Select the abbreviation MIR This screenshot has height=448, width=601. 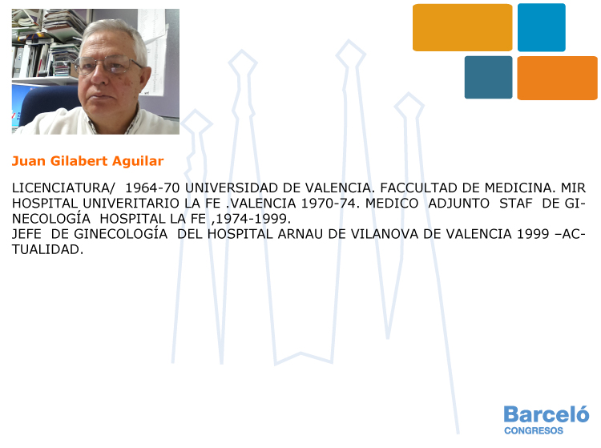pos(573,188)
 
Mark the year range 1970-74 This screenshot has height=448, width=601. pos(330,203)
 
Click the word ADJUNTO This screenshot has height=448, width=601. pos(459,203)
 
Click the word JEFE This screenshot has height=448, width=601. pos(27,234)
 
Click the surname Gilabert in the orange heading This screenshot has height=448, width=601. pos(79,161)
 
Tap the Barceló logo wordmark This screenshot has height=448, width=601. pos(547,414)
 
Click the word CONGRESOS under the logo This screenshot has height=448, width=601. pos(534,430)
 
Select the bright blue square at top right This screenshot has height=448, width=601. pos(541,27)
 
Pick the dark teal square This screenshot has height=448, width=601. pos(488,78)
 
